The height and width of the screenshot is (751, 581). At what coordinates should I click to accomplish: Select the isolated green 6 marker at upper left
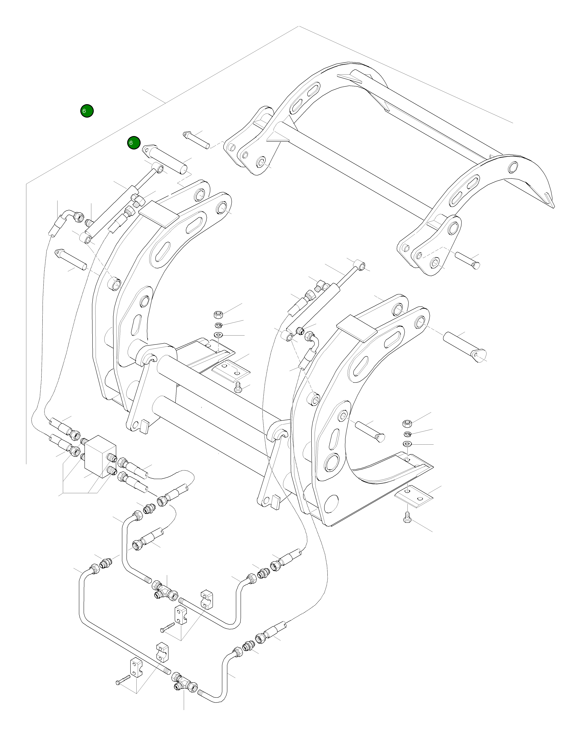[x=87, y=111]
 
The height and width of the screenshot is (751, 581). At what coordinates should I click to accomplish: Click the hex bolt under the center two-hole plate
[x=237, y=389]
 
